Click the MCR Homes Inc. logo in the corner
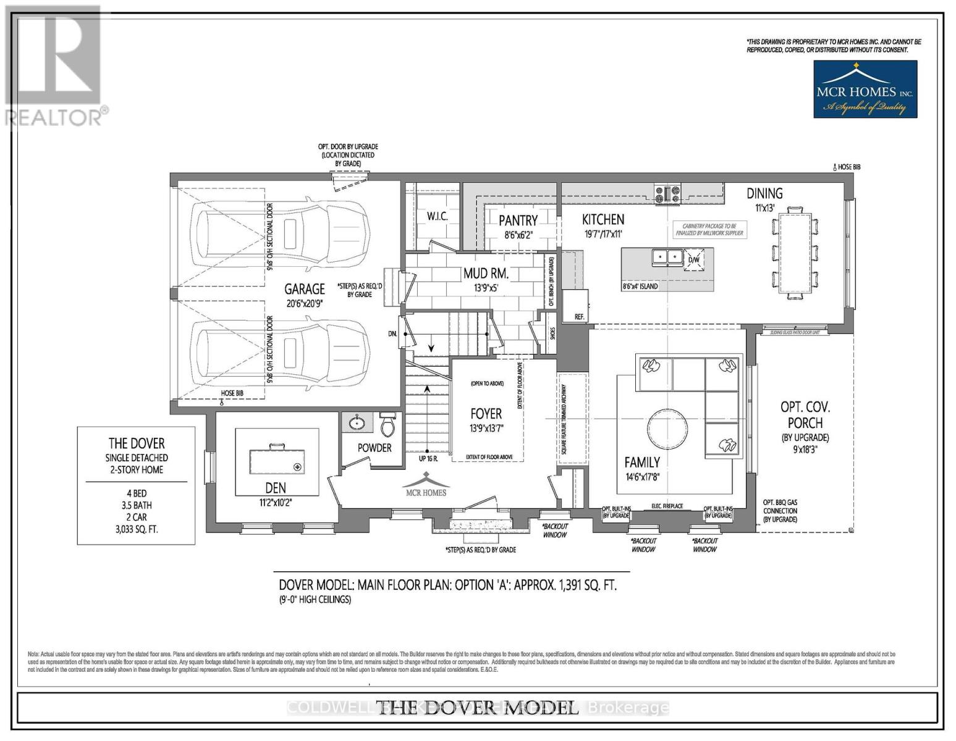(x=865, y=89)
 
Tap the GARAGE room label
(x=304, y=288)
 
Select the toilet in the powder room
(x=388, y=425)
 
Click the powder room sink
(x=357, y=424)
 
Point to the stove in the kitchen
(x=667, y=194)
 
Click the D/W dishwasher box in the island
(x=694, y=259)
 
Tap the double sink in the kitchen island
(x=667, y=257)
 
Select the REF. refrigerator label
(x=579, y=317)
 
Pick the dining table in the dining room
(x=795, y=253)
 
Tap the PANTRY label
(x=518, y=220)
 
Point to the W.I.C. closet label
(x=437, y=217)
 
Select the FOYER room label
(x=486, y=414)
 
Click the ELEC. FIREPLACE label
(x=667, y=506)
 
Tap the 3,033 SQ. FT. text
(x=136, y=529)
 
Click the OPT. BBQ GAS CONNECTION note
(x=780, y=511)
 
